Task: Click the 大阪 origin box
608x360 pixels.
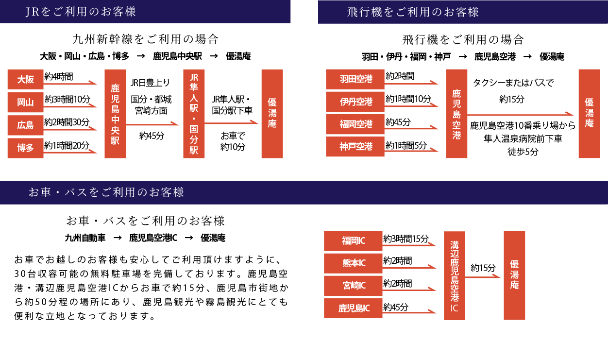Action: pyautogui.click(x=25, y=80)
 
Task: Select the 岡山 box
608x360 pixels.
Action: pyautogui.click(x=25, y=103)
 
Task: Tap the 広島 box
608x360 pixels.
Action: pyautogui.click(x=25, y=125)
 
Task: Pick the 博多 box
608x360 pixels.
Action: pyautogui.click(x=25, y=148)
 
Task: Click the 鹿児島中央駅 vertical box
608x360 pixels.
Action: pyautogui.click(x=115, y=114)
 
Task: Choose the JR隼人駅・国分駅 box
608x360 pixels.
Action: pyautogui.click(x=194, y=114)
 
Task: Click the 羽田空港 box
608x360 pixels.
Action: pyautogui.click(x=355, y=79)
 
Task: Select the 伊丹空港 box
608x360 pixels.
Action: pyautogui.click(x=355, y=102)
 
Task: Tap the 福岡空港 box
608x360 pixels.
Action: pyautogui.click(x=355, y=124)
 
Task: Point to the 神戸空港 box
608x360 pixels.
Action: pyautogui.click(x=355, y=147)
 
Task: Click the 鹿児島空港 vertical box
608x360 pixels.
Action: pyautogui.click(x=456, y=114)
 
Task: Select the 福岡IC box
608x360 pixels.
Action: pyautogui.click(x=353, y=241)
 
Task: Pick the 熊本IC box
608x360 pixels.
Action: pyautogui.click(x=353, y=263)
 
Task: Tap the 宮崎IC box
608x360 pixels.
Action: pyautogui.click(x=353, y=286)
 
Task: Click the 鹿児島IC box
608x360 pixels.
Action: pyautogui.click(x=353, y=309)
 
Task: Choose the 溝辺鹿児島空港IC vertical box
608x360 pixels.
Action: pyautogui.click(x=455, y=276)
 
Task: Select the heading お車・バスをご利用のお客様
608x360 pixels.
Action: pyautogui.click(x=106, y=192)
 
